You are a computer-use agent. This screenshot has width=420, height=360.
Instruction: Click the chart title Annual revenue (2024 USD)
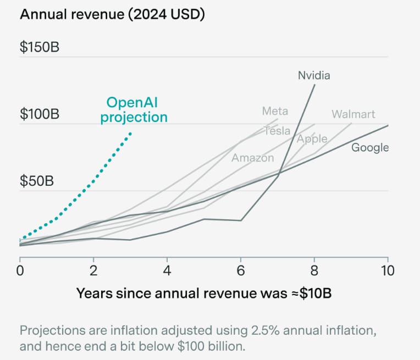click(112, 14)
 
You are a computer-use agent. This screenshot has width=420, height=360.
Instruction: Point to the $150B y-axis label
click(40, 47)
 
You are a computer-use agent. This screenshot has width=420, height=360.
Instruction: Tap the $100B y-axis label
click(40, 114)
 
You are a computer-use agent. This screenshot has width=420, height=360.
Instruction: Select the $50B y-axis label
click(37, 182)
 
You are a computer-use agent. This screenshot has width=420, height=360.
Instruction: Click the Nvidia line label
click(314, 75)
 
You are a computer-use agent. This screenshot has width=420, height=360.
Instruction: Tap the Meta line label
click(275, 111)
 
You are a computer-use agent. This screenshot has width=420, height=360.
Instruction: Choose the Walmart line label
click(353, 114)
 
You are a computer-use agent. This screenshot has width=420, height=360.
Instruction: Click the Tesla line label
click(277, 131)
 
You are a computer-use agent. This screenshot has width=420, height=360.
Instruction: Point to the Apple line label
click(312, 139)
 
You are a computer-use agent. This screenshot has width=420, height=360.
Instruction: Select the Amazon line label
click(252, 158)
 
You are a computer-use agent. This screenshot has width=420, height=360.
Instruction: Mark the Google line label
click(370, 147)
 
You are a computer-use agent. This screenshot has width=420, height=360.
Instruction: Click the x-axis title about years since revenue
click(204, 293)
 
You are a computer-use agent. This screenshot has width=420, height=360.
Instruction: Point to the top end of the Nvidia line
click(314, 85)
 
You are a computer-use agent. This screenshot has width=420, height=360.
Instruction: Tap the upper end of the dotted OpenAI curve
click(130, 132)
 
